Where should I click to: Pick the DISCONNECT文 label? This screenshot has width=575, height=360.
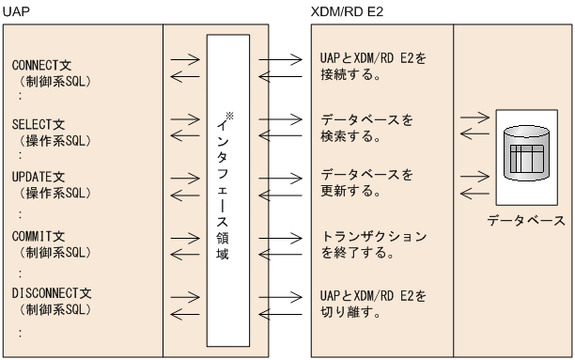pos(50,293)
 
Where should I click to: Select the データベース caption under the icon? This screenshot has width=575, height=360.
pos(526,222)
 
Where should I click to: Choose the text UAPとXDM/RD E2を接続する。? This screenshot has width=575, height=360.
pos(367,66)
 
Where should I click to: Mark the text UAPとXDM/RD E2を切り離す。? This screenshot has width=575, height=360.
pos(367,304)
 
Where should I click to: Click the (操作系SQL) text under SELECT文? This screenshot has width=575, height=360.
pos(53,138)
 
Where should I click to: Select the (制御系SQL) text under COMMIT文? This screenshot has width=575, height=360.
pos(53,254)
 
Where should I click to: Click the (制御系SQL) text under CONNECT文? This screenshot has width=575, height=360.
pos(53,82)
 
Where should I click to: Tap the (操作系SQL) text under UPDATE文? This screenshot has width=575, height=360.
pos(53,193)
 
